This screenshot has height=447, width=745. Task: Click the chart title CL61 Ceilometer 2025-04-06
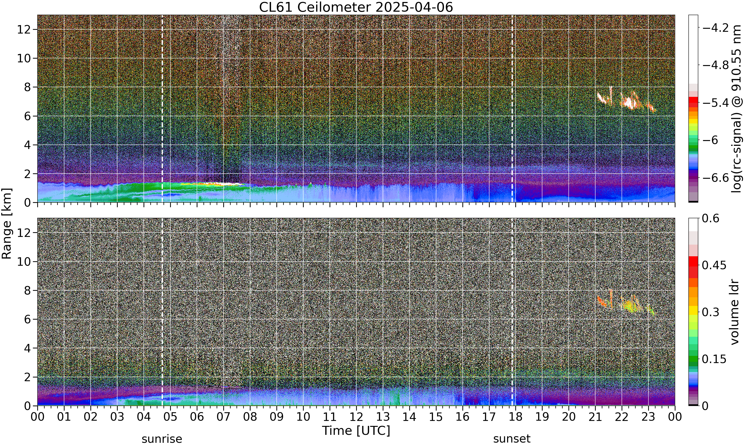click(x=356, y=7)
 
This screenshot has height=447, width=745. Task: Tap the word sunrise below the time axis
click(x=162, y=439)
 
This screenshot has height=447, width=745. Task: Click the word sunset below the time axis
click(x=512, y=439)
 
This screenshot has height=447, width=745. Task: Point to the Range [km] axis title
click(x=7, y=223)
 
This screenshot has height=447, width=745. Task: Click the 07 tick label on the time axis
click(x=223, y=417)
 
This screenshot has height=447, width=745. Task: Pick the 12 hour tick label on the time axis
click(x=356, y=417)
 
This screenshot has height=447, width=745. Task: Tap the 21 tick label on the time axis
click(x=595, y=417)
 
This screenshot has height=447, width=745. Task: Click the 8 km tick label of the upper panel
click(x=28, y=87)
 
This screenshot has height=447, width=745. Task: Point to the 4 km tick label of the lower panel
click(x=28, y=348)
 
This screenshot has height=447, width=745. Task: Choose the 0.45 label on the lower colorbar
click(x=714, y=265)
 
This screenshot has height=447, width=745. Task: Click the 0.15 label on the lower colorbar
click(x=714, y=359)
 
